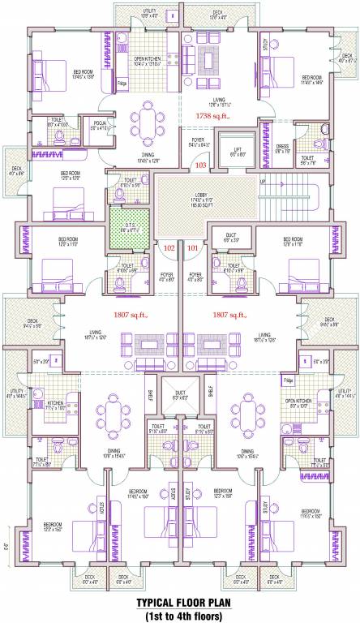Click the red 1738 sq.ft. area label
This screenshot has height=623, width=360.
pyautogui.click(x=213, y=117)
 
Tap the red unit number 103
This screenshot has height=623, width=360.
pyautogui.click(x=202, y=165)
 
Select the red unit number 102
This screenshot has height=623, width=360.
pyautogui.click(x=169, y=247)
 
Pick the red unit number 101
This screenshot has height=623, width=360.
pyautogui.click(x=192, y=247)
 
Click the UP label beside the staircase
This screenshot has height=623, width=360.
pyautogui.click(x=262, y=181)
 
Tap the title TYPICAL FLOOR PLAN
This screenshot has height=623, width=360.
pyautogui.click(x=180, y=603)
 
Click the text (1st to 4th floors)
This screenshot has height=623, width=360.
pyautogui.click(x=180, y=615)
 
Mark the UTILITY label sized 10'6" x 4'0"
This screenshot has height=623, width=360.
pyautogui.click(x=129, y=12)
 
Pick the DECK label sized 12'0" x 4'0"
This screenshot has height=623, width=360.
pyautogui.click(x=218, y=12)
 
